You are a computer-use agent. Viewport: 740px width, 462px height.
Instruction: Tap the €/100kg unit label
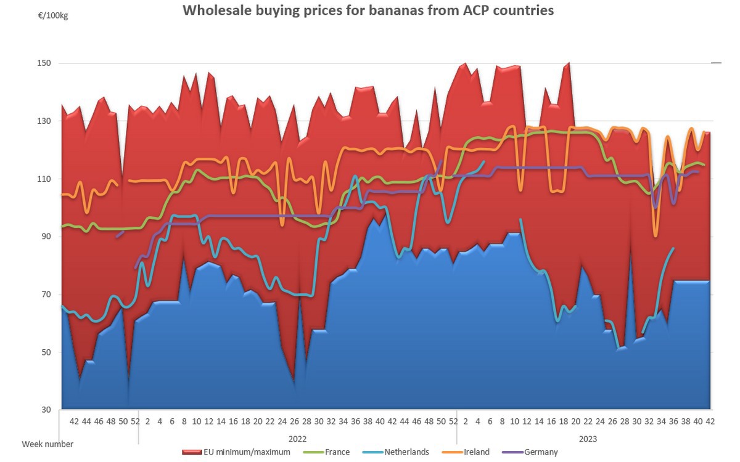(x=53, y=15)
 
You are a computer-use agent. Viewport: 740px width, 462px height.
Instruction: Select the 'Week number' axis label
(x=47, y=444)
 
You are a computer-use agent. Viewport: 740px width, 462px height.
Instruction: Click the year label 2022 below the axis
(x=297, y=439)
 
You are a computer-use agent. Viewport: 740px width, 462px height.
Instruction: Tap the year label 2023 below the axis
(x=587, y=439)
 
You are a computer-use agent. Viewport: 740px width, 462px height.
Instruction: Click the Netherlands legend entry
(x=406, y=452)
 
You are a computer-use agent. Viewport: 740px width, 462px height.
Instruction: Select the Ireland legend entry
(x=475, y=452)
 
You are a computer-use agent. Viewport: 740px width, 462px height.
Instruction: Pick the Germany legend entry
(x=540, y=452)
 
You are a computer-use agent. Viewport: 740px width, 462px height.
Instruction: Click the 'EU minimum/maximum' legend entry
(x=246, y=452)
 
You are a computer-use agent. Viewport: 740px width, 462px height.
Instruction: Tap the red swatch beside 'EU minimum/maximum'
(x=192, y=453)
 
